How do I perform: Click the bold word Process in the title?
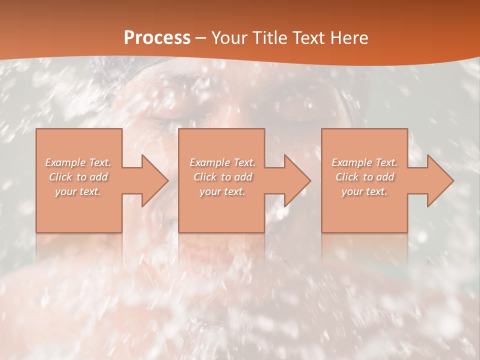click(x=157, y=38)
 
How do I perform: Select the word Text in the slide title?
click(x=307, y=38)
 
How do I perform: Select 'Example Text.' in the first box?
click(x=78, y=162)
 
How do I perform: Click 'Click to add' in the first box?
click(x=78, y=177)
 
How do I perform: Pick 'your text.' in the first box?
click(x=78, y=191)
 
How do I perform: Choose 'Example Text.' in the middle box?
click(x=222, y=162)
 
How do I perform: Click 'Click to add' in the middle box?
click(x=222, y=177)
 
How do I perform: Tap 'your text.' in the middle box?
click(x=222, y=191)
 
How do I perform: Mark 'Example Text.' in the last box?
click(x=364, y=162)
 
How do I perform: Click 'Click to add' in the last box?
click(x=364, y=177)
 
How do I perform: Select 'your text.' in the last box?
click(x=364, y=191)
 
